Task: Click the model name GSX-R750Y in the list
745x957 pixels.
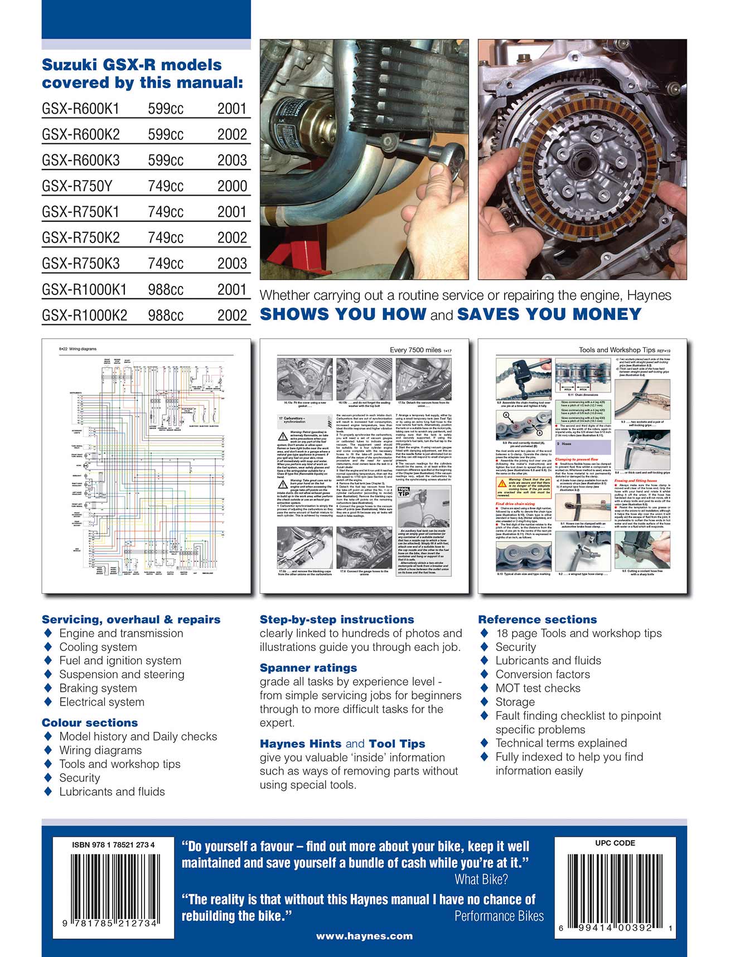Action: [77, 186]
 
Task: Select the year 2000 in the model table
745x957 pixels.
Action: [232, 186]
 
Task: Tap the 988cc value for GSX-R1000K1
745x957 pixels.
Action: [166, 290]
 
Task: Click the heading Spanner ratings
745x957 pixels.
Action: [308, 668]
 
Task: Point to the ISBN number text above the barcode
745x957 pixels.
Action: [113, 844]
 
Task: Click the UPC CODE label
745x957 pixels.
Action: [615, 843]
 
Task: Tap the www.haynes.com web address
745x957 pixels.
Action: [364, 936]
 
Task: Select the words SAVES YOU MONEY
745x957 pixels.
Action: [549, 314]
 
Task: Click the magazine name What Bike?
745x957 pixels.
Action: [481, 880]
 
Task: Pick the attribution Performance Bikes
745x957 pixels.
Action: [499, 916]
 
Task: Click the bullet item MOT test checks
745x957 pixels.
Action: [538, 688]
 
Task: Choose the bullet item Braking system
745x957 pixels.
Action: [98, 688]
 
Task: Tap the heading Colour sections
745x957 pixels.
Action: [90, 723]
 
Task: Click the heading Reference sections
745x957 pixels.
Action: [537, 620]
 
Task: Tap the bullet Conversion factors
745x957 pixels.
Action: [542, 674]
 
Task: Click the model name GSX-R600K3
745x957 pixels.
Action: [81, 161]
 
